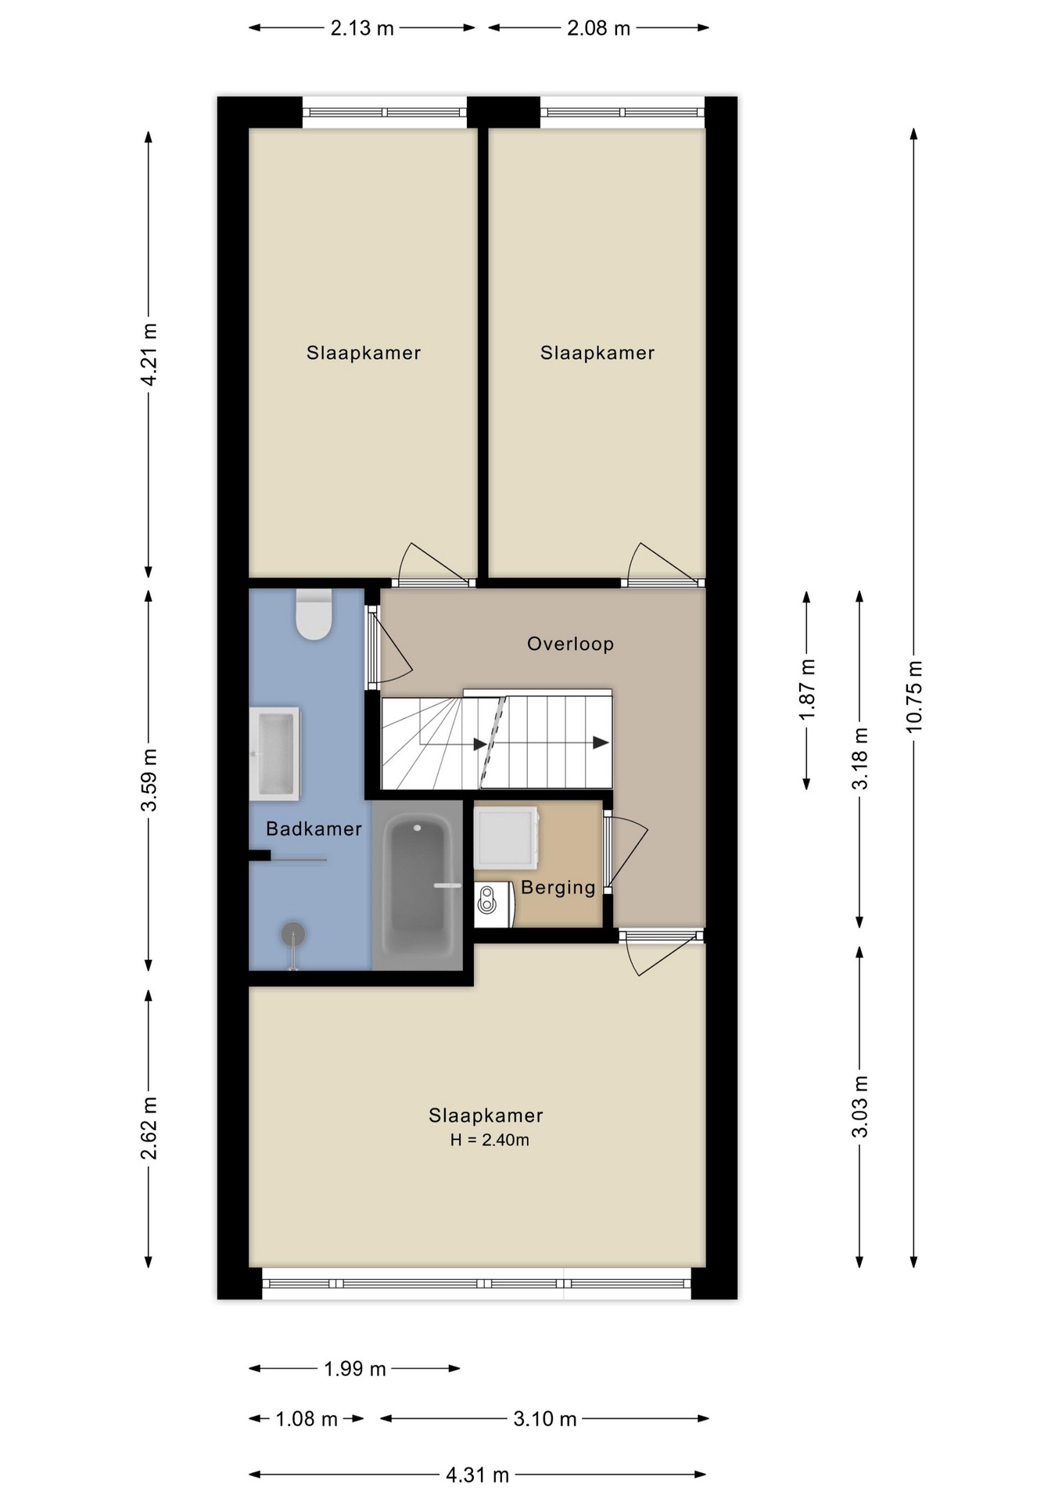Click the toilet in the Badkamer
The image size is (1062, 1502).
pyautogui.click(x=314, y=615)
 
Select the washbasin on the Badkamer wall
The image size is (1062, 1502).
pyautogui.click(x=274, y=753)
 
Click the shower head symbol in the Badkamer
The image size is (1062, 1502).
pyautogui.click(x=293, y=933)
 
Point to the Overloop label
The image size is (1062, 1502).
pyautogui.click(x=570, y=644)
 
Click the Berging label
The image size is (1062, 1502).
pyautogui.click(x=558, y=887)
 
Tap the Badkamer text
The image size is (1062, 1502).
pyautogui.click(x=314, y=828)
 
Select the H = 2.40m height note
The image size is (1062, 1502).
pyautogui.click(x=490, y=1140)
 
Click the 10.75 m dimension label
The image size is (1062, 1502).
pyautogui.click(x=913, y=696)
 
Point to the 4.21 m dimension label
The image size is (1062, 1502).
pyautogui.click(x=149, y=354)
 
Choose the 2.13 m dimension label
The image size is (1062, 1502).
pyautogui.click(x=362, y=29)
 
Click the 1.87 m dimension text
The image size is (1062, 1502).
pyautogui.click(x=806, y=689)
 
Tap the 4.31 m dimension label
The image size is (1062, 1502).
pyautogui.click(x=477, y=1475)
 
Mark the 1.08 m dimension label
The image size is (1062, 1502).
pyautogui.click(x=307, y=1418)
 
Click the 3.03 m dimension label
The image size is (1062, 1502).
pyautogui.click(x=859, y=1106)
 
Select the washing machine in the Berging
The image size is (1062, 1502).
pyautogui.click(x=506, y=836)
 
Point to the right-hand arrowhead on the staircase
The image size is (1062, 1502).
pyautogui.click(x=600, y=742)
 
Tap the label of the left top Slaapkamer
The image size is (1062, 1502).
pyautogui.click(x=364, y=353)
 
